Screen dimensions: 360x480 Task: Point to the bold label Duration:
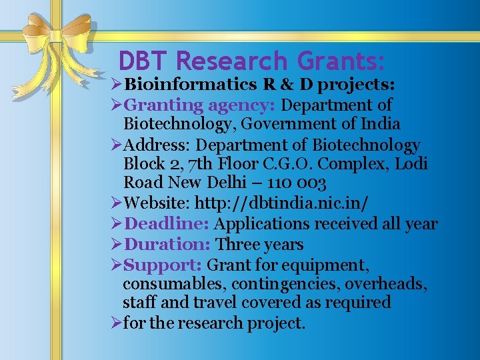(168, 244)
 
